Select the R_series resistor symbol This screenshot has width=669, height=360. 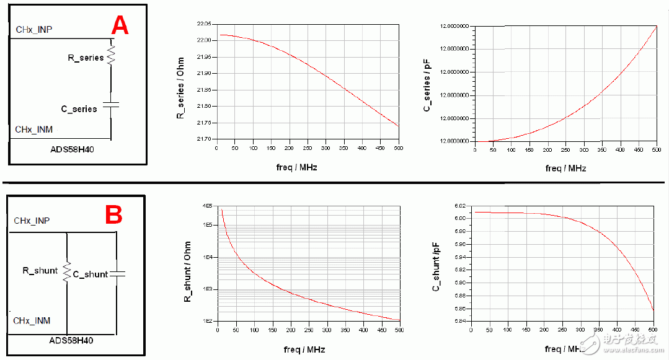(112, 54)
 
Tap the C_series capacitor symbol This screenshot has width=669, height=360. (111, 105)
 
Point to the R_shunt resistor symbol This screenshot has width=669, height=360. (66, 273)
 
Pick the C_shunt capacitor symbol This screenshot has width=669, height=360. (118, 273)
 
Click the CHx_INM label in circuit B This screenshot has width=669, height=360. (32, 320)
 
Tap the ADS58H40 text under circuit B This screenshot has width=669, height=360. (76, 340)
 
